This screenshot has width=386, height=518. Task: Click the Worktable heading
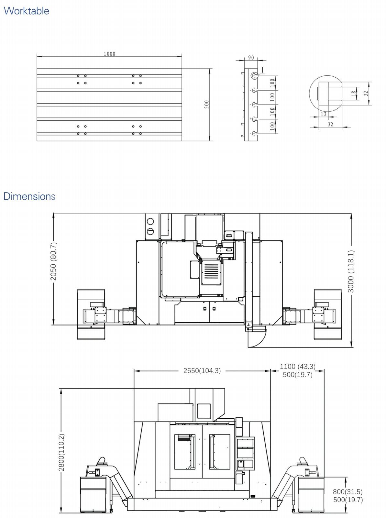tap(27, 11)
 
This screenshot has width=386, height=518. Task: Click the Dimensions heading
tap(29, 196)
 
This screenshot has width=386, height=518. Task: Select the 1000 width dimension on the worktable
tap(109, 54)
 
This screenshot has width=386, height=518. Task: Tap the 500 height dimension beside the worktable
tap(206, 105)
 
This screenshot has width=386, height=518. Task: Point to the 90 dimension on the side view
tap(251, 58)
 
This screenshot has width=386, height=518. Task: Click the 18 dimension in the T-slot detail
tap(354, 93)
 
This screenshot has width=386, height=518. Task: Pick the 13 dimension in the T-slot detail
tap(324, 114)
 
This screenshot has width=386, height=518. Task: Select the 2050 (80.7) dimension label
tap(53, 261)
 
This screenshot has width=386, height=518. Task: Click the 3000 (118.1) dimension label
tap(351, 271)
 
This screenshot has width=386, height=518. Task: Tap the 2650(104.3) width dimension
tap(202, 371)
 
